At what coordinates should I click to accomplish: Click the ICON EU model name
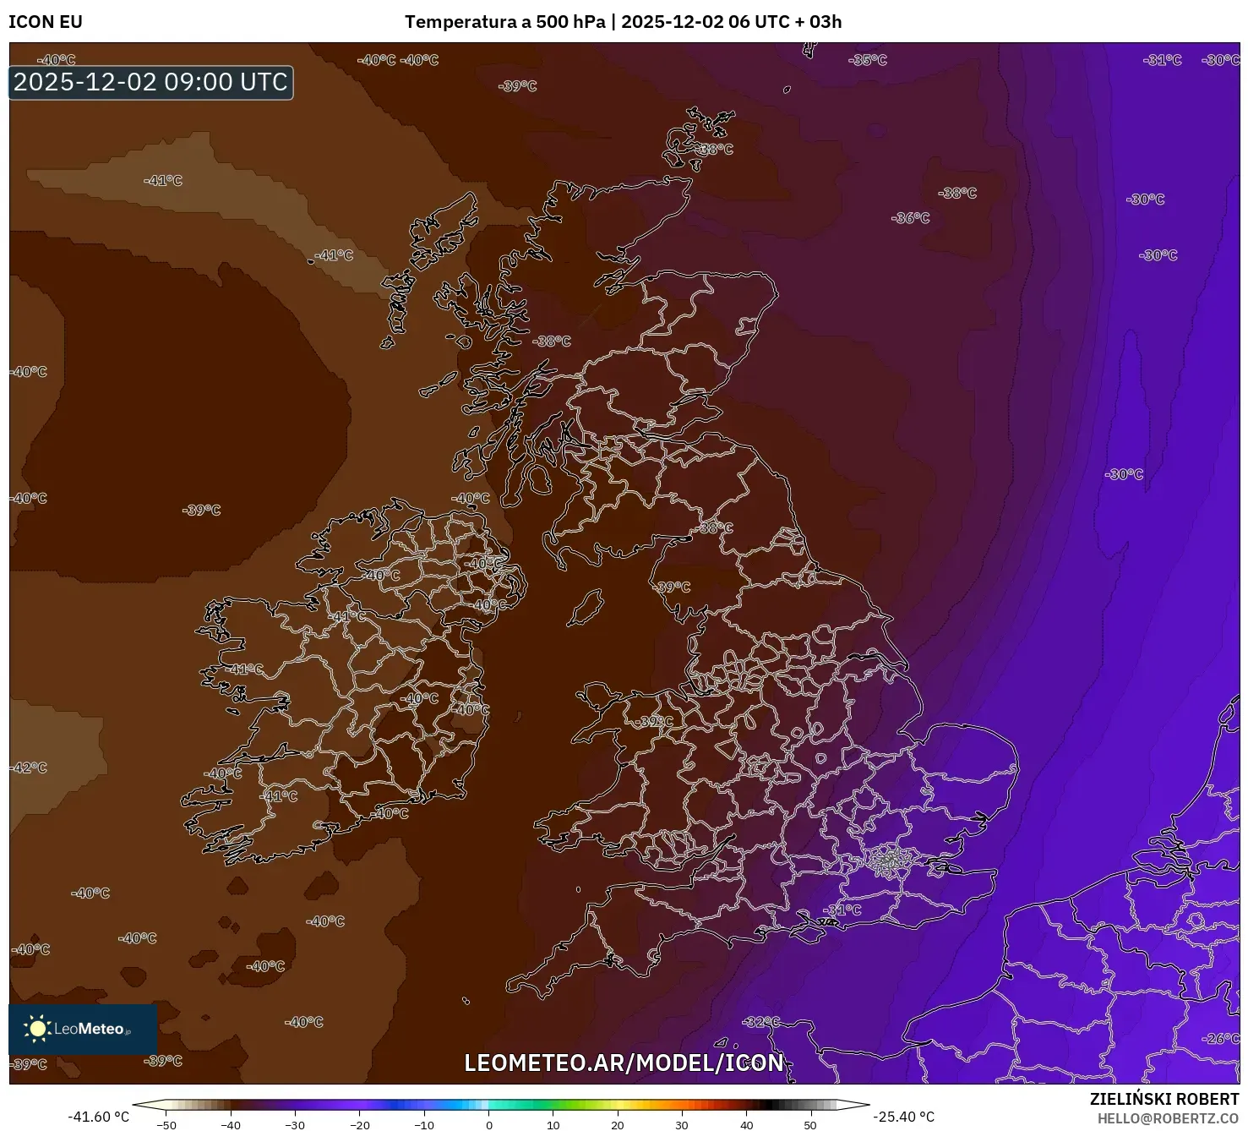(x=46, y=22)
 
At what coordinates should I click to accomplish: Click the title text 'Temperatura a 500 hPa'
(x=504, y=22)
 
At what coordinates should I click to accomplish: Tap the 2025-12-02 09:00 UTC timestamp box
(x=150, y=82)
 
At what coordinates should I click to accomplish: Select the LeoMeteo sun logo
(x=38, y=1028)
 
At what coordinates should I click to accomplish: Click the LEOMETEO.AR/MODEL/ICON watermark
(x=624, y=1063)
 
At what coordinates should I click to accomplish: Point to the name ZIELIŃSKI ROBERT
(x=1164, y=1100)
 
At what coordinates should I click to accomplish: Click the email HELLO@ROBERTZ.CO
(x=1168, y=1118)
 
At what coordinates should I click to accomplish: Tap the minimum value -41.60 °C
(x=99, y=1117)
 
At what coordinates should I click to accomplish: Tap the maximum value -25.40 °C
(x=903, y=1117)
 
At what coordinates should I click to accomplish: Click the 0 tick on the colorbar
(x=488, y=1124)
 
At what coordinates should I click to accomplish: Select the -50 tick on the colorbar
(x=166, y=1124)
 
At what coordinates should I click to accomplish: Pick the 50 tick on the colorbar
(x=810, y=1124)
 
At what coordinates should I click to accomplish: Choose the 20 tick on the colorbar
(x=618, y=1124)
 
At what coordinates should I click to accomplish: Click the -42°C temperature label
(x=29, y=768)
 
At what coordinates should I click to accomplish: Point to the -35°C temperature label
(x=868, y=60)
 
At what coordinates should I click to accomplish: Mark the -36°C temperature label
(x=910, y=218)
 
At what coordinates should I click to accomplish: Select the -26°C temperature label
(x=1221, y=1038)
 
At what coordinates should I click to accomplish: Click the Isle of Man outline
(x=585, y=608)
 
